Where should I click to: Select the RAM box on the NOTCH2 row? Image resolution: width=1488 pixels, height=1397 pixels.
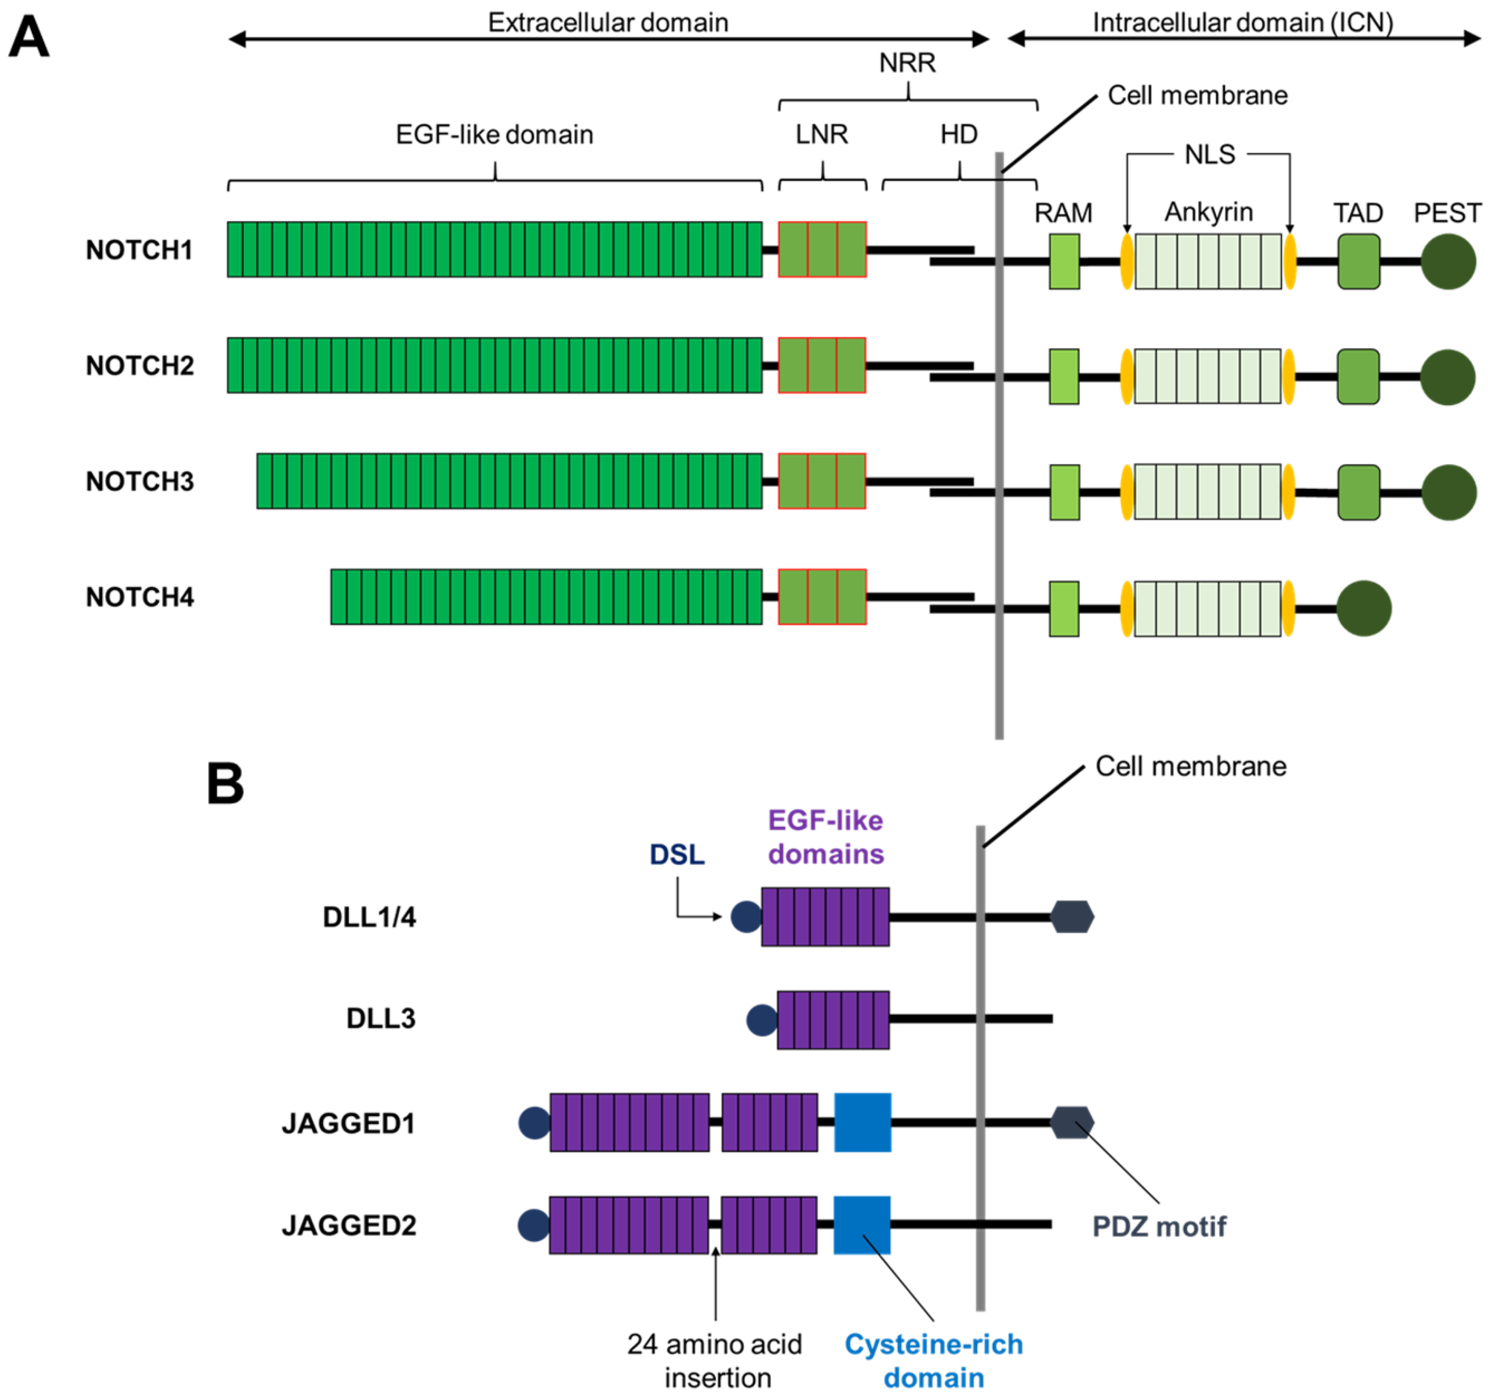pos(1064,376)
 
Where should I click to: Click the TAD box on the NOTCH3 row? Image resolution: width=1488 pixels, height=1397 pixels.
pos(1358,493)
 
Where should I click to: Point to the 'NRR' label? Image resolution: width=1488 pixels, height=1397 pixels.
pos(907,63)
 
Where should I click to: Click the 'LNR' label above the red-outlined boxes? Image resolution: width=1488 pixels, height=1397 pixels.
pos(822,135)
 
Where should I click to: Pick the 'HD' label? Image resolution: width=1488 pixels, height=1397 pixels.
pos(959,135)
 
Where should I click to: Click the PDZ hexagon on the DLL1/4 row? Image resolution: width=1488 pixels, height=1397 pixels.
pos(1072,917)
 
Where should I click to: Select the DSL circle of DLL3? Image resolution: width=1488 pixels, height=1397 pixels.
pos(762,1020)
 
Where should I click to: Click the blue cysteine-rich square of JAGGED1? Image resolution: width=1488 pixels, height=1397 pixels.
pos(862,1122)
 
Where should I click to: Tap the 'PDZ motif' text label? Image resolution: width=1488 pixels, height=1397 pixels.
pos(1159,1227)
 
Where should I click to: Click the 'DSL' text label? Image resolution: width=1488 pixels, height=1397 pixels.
pos(677,855)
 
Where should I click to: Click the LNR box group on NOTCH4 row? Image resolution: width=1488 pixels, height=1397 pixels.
pos(822,596)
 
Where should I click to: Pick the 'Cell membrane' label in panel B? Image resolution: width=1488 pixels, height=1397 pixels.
pos(1190,766)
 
